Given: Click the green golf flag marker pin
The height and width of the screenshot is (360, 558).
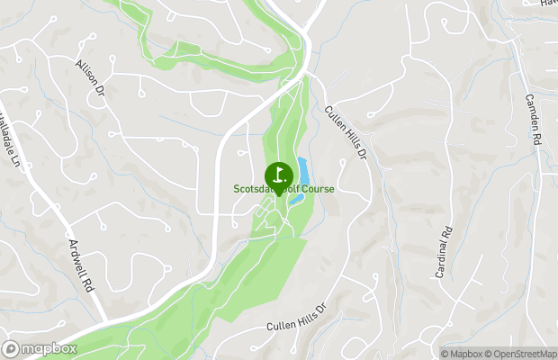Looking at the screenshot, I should tap(279, 175).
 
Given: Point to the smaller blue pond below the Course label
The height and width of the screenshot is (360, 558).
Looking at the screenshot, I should tap(295, 200).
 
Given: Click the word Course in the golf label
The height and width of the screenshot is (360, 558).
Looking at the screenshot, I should tap(317, 189).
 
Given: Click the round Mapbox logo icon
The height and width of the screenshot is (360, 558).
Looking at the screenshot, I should tap(11, 349).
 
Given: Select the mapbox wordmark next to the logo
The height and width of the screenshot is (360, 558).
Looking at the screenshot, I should tap(49, 349).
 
